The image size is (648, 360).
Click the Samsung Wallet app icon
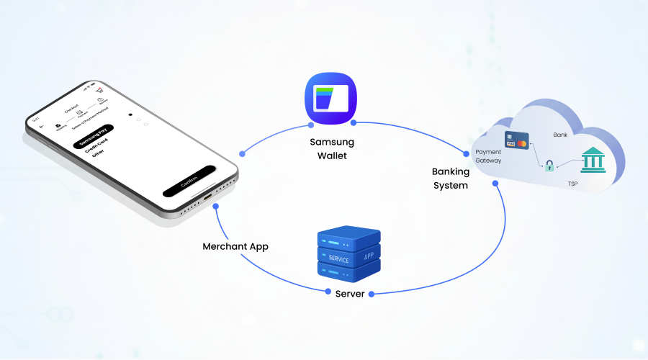(x=331, y=96)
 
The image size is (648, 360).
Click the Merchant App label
(x=235, y=246)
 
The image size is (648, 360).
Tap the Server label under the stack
(x=349, y=294)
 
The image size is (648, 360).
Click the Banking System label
(x=450, y=179)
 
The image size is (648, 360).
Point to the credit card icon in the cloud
(x=517, y=140)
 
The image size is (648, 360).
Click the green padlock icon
(x=549, y=166)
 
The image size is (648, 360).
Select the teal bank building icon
(x=593, y=159)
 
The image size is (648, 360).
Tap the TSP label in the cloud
(x=572, y=184)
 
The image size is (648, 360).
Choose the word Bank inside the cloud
(x=560, y=135)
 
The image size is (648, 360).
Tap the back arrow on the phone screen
(x=41, y=126)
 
